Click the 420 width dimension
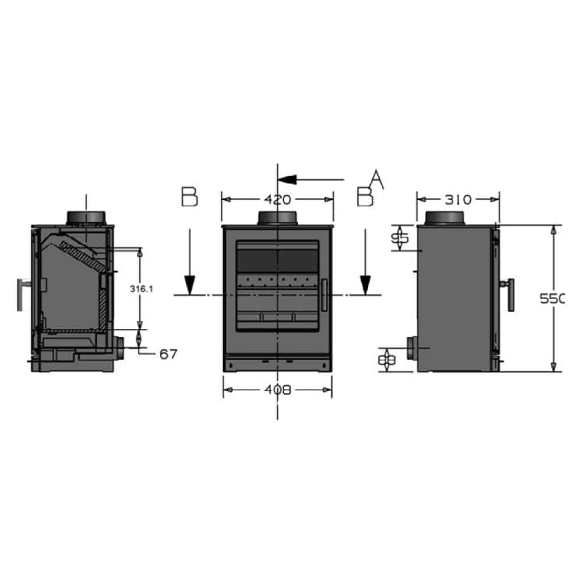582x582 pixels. tap(278, 200)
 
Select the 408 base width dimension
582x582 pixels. tap(278, 390)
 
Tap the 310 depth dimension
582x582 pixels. tap(458, 200)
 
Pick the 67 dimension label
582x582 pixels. tap(168, 353)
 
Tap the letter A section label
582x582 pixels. tap(377, 179)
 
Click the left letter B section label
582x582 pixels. tap(189, 197)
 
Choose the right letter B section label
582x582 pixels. tap(364, 197)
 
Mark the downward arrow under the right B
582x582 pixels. tap(365, 262)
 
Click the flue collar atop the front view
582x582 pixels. tap(278, 218)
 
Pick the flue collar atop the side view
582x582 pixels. tap(445, 218)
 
